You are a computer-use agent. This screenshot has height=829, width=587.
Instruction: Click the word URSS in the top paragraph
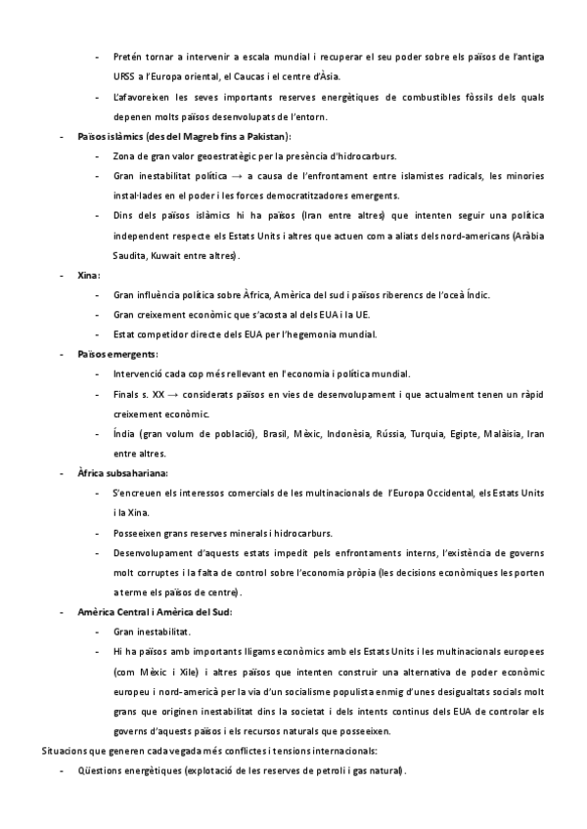[x=126, y=75]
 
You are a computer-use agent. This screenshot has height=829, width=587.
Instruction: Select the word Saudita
[x=129, y=255]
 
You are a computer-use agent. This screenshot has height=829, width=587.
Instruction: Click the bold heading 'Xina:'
[x=89, y=276]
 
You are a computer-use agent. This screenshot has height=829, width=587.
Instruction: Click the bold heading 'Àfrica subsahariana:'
[x=123, y=473]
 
